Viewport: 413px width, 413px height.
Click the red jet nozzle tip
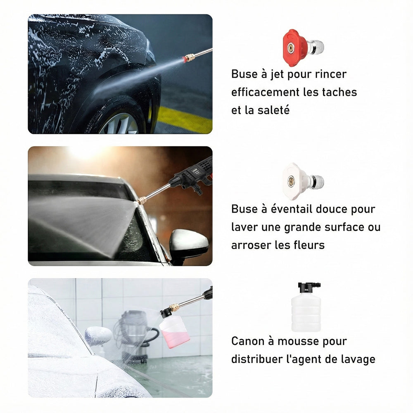(x=303, y=47)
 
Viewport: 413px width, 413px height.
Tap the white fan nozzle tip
(x=303, y=181)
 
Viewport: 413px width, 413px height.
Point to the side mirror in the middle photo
(x=189, y=244)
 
